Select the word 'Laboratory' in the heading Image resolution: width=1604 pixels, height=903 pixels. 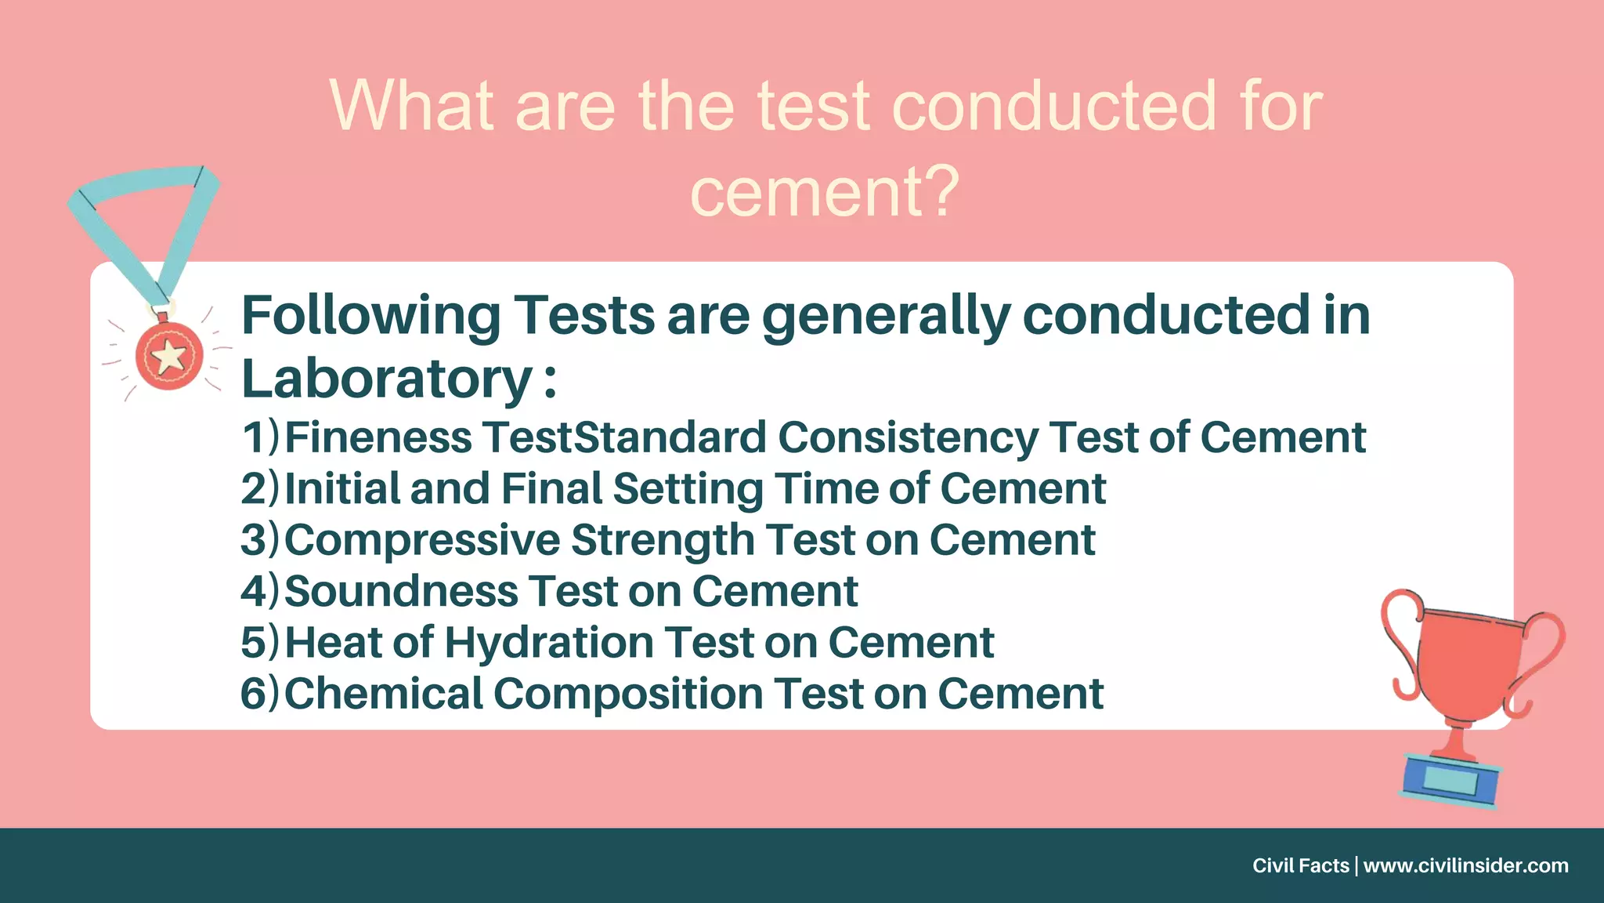pyautogui.click(x=388, y=379)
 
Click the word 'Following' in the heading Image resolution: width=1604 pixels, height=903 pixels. pyautogui.click(x=370, y=315)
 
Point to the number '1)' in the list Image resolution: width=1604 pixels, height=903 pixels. pyautogui.click(x=260, y=437)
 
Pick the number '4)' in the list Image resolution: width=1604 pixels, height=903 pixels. pyautogui.click(x=260, y=591)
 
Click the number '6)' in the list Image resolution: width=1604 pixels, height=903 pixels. pyautogui.click(x=260, y=694)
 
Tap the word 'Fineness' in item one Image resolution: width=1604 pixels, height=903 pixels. pyautogui.click(x=378, y=437)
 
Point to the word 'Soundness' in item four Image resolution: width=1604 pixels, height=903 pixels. pyautogui.click(x=401, y=591)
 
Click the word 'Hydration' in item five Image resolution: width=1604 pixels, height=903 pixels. pyautogui.click(x=550, y=643)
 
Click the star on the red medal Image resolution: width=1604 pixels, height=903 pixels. pyautogui.click(x=169, y=357)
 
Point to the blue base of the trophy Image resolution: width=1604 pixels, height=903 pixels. pyautogui.click(x=1450, y=780)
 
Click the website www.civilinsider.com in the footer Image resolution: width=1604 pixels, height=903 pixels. pyautogui.click(x=1465, y=865)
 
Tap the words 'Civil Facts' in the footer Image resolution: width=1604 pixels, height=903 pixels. pyautogui.click(x=1300, y=865)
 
